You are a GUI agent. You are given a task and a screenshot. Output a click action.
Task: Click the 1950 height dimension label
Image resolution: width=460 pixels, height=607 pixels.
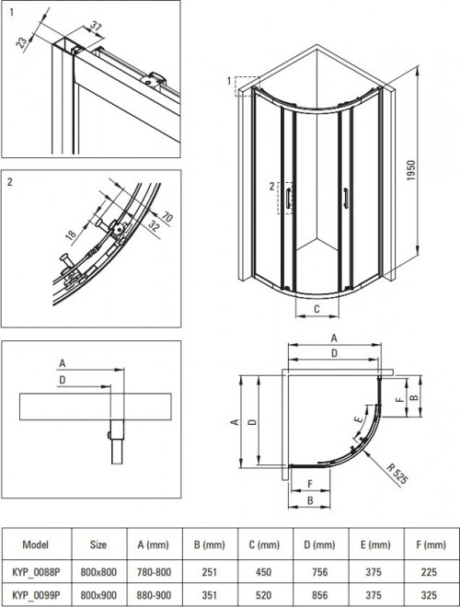(411, 171)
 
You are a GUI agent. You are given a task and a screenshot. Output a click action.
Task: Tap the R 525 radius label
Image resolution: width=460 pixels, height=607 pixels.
(397, 474)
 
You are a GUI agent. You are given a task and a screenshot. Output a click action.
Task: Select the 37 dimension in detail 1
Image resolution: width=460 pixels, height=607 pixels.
(96, 27)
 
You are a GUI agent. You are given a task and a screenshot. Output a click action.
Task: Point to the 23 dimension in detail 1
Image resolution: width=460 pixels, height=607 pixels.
(23, 42)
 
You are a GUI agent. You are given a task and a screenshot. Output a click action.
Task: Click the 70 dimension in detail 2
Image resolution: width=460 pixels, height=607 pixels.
(167, 217)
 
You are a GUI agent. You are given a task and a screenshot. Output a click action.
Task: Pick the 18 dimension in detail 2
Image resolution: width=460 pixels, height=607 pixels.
(71, 235)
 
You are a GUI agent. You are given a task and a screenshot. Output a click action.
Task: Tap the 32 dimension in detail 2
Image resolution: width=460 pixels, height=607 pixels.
(154, 225)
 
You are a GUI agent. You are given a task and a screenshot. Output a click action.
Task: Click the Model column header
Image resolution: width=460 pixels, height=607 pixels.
(36, 544)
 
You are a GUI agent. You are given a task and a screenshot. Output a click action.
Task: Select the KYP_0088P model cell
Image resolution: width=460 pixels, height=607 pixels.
(36, 572)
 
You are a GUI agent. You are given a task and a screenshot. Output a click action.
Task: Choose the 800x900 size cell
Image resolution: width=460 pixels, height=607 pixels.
(98, 595)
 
